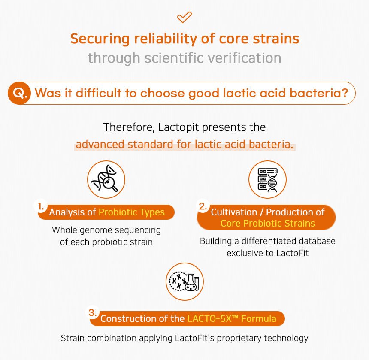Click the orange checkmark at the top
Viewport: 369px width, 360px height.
[184, 17]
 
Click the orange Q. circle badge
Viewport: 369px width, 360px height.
[19, 93]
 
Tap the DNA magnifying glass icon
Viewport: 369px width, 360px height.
[106, 179]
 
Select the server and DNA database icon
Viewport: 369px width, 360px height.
[267, 179]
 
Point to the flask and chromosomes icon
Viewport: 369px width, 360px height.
[185, 281]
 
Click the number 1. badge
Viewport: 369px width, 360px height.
[41, 206]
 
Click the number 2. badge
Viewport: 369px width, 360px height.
[203, 206]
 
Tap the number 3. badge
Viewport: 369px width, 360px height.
[93, 312]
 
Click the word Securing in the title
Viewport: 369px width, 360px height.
[100, 39]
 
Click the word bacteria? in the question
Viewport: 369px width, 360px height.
[319, 93]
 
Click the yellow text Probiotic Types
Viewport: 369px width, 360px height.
[132, 212]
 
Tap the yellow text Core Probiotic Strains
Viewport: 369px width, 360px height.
[268, 223]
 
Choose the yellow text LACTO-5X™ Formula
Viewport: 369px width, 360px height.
[232, 318]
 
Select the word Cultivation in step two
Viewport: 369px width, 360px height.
[234, 212]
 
